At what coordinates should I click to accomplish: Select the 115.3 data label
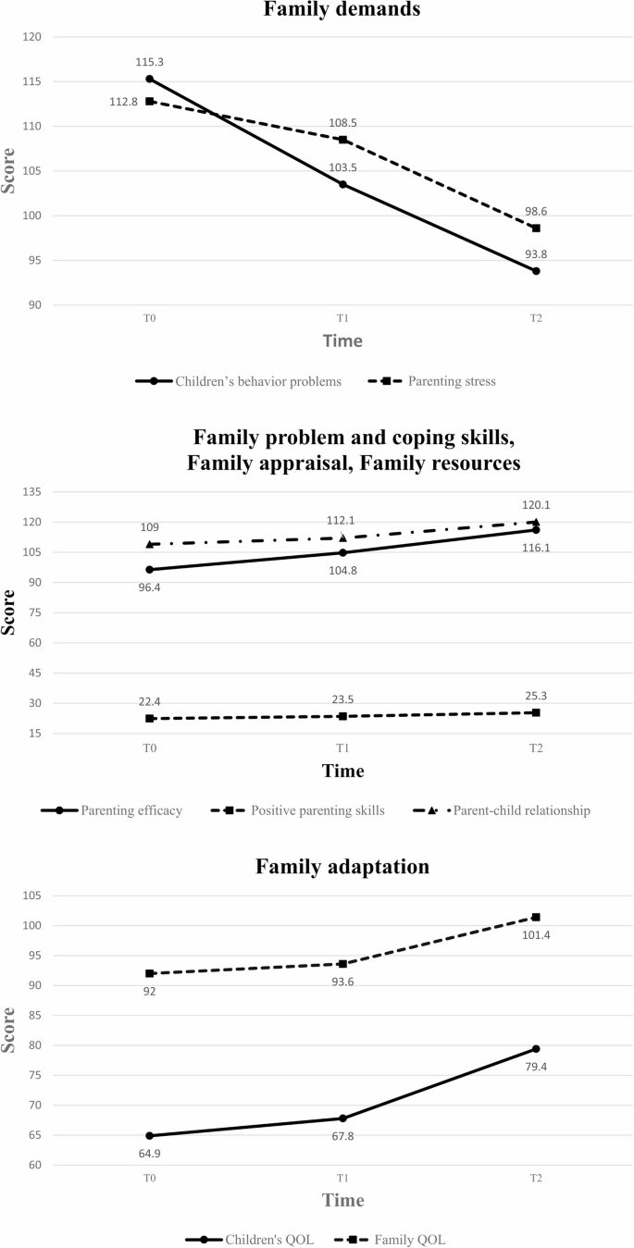(149, 62)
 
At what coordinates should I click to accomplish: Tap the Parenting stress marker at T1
(342, 140)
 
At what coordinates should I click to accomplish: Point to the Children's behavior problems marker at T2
(536, 271)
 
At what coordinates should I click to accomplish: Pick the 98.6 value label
(536, 211)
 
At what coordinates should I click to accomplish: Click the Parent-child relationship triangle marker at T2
(536, 523)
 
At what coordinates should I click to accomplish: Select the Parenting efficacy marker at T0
(149, 570)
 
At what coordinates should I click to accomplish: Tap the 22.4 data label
(149, 701)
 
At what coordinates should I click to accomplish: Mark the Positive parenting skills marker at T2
(536, 712)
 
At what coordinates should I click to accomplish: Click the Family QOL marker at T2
(536, 917)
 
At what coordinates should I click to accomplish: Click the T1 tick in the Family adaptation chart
(342, 1180)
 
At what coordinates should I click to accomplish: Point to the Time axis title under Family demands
(342, 340)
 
